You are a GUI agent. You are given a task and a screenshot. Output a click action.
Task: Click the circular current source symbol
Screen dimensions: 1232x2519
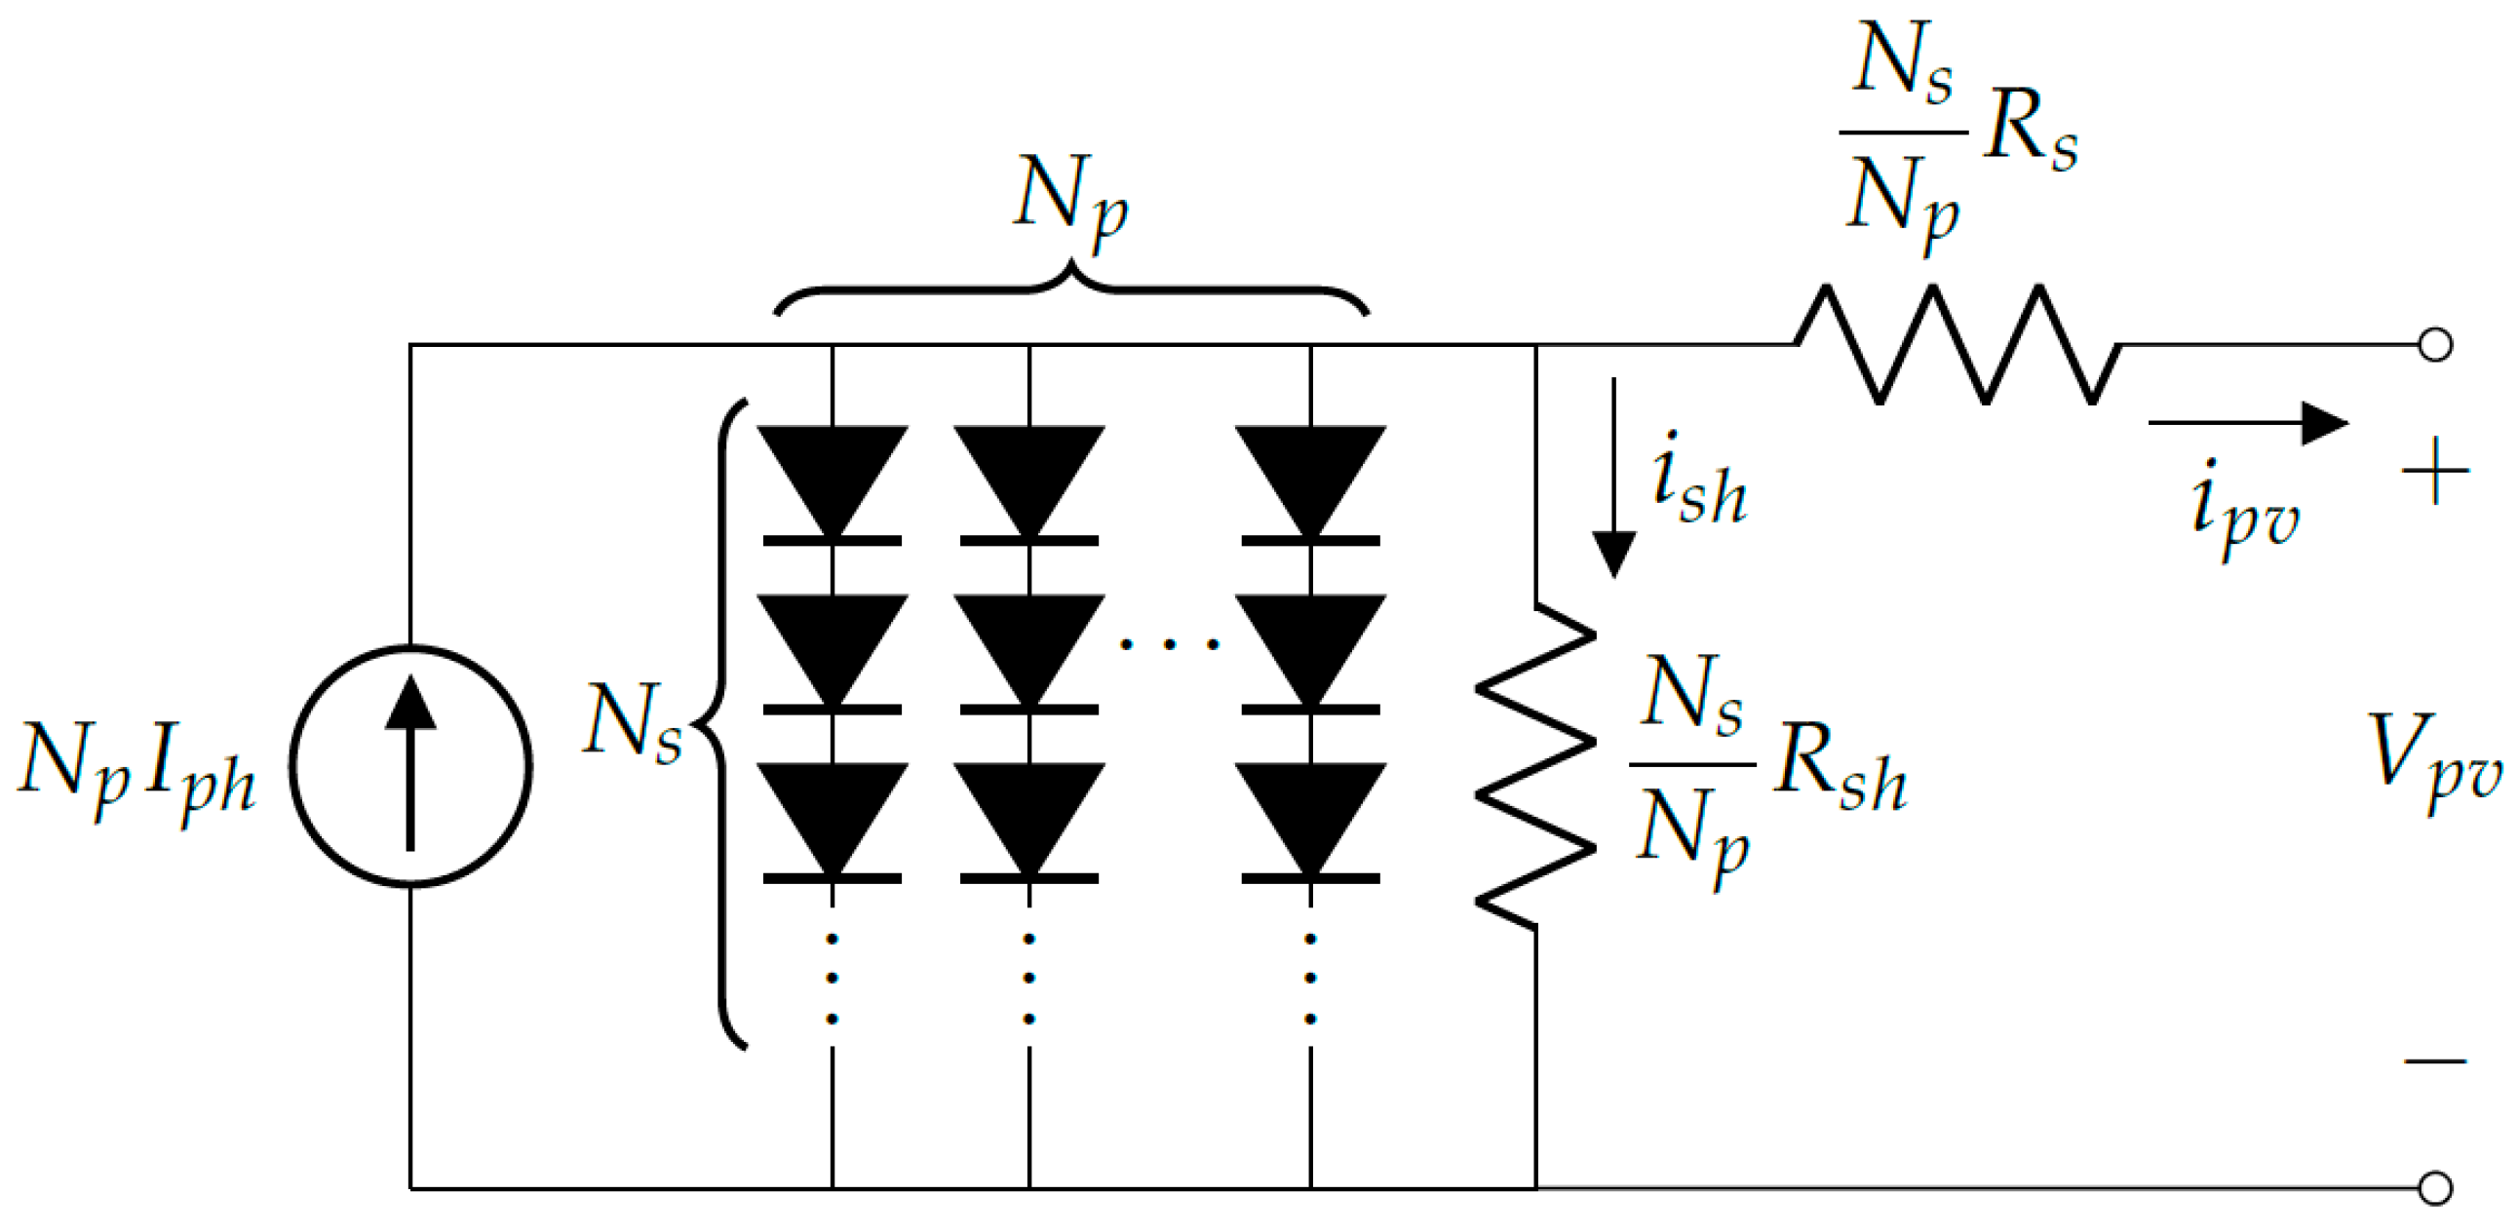tap(410, 765)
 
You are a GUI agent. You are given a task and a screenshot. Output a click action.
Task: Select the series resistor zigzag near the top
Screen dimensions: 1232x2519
tap(1956, 344)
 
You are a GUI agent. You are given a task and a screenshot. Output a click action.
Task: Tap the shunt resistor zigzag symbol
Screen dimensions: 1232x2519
tap(1535, 765)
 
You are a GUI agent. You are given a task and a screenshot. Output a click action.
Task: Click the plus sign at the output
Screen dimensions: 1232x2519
tap(2435, 472)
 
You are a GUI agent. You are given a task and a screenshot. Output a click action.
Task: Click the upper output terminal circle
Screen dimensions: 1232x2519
tap(2435, 345)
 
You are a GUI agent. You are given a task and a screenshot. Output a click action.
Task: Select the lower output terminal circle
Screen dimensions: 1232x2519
tap(2435, 1188)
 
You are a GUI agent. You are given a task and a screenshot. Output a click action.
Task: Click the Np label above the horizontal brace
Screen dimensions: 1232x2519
tap(1070, 201)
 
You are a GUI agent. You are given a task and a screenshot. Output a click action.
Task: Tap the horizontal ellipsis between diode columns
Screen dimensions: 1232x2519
tap(1170, 643)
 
